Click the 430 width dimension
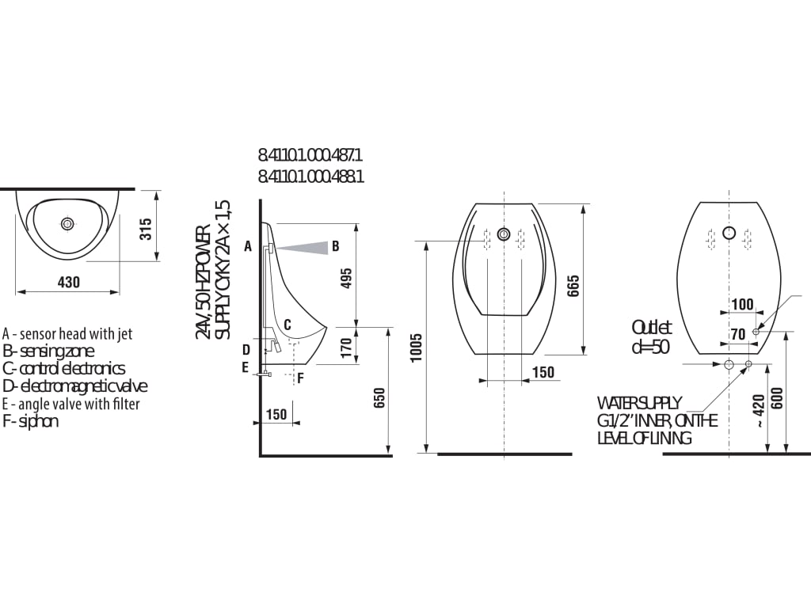(69, 283)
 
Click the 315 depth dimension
(147, 229)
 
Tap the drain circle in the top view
(67, 224)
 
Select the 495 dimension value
(347, 278)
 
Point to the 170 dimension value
(347, 348)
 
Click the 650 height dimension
(379, 398)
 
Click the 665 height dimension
(573, 286)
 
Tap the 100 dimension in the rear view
(742, 304)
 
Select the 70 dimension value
(739, 335)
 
